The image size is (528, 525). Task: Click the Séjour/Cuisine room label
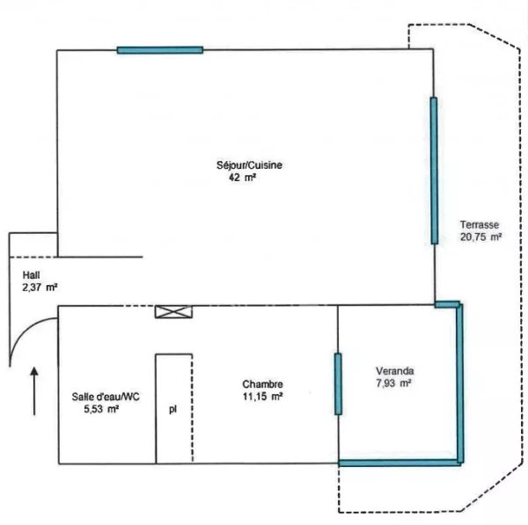(x=249, y=165)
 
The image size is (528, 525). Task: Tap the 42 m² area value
(x=242, y=178)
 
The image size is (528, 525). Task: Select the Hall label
(x=32, y=275)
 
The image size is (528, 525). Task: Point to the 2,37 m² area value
(x=40, y=288)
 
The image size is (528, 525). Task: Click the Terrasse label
(x=480, y=224)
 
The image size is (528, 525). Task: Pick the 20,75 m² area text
(x=481, y=237)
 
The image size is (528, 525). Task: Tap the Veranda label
(x=394, y=371)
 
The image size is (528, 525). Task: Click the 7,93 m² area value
(x=393, y=383)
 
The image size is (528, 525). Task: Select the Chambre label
(x=262, y=384)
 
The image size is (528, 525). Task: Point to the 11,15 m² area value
(x=262, y=397)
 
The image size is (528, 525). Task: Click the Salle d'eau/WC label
(x=106, y=397)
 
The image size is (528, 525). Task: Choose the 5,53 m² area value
(x=101, y=409)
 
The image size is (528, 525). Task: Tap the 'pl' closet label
(x=172, y=410)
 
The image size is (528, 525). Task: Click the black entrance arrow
(x=34, y=391)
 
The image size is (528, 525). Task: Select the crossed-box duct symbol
(x=173, y=312)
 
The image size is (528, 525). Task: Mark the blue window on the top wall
(x=160, y=50)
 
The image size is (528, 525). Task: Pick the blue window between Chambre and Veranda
(x=338, y=384)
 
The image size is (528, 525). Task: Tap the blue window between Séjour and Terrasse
(x=434, y=171)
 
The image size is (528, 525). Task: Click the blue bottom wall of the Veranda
(x=400, y=463)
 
